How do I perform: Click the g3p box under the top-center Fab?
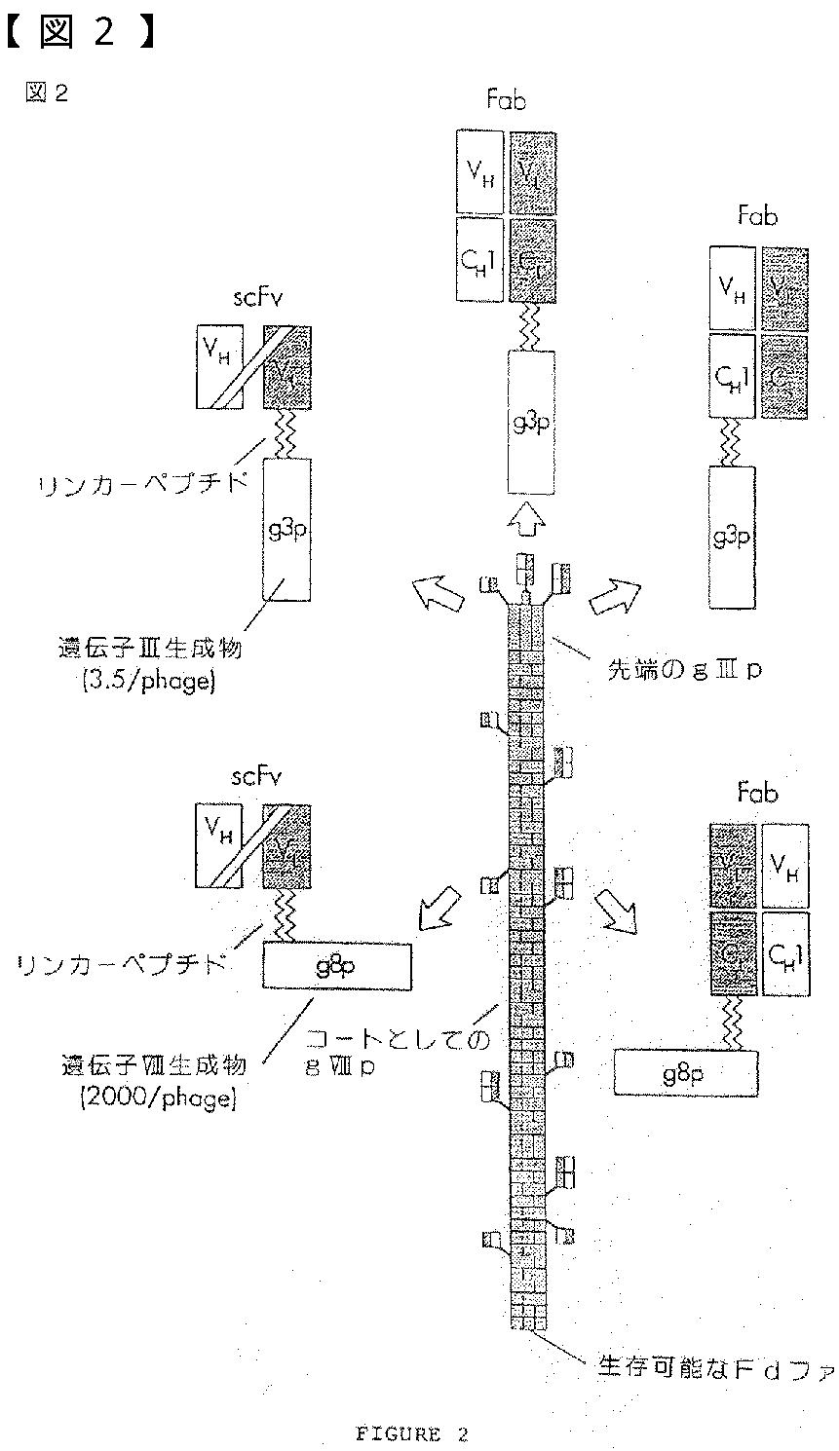tap(531, 421)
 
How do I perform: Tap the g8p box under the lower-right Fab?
tap(685, 1074)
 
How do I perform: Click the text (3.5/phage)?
tap(156, 681)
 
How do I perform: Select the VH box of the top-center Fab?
tap(479, 171)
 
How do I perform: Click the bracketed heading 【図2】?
tap(81, 32)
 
